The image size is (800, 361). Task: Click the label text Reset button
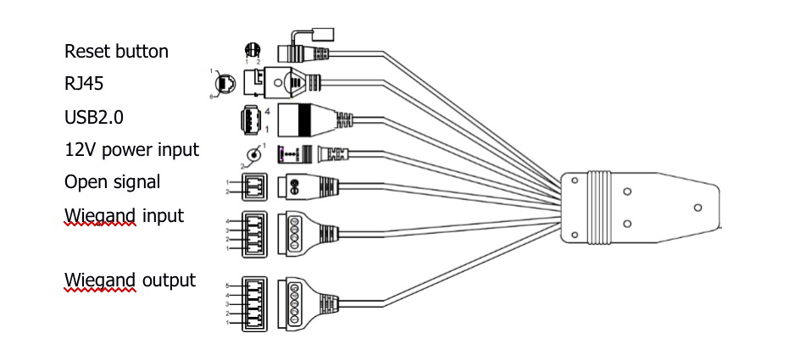pos(116,52)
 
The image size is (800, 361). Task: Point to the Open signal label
pos(112,182)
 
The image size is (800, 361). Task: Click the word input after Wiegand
pos(162,215)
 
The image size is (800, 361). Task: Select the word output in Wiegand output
pos(168,280)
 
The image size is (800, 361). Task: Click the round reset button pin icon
pos(251,49)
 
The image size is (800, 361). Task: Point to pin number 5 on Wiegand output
pos(228,286)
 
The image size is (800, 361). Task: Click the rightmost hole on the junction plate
pos(697,206)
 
